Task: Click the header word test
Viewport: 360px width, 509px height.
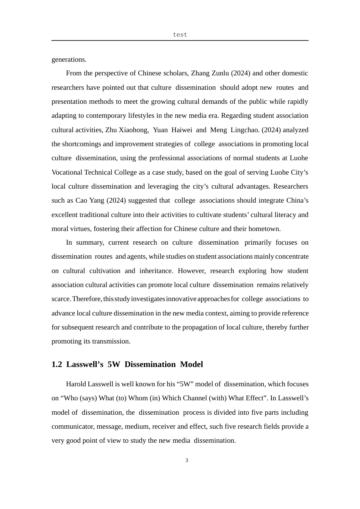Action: (180, 34)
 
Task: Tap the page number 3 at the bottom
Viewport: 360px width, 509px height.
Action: (186, 461)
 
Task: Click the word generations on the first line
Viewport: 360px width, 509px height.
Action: (69, 59)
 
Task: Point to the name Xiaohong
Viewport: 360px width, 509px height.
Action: (133, 130)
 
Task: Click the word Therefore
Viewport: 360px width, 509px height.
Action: (87, 299)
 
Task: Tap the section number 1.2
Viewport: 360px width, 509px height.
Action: (57, 364)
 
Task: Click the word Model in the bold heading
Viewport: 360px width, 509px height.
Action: (191, 364)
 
